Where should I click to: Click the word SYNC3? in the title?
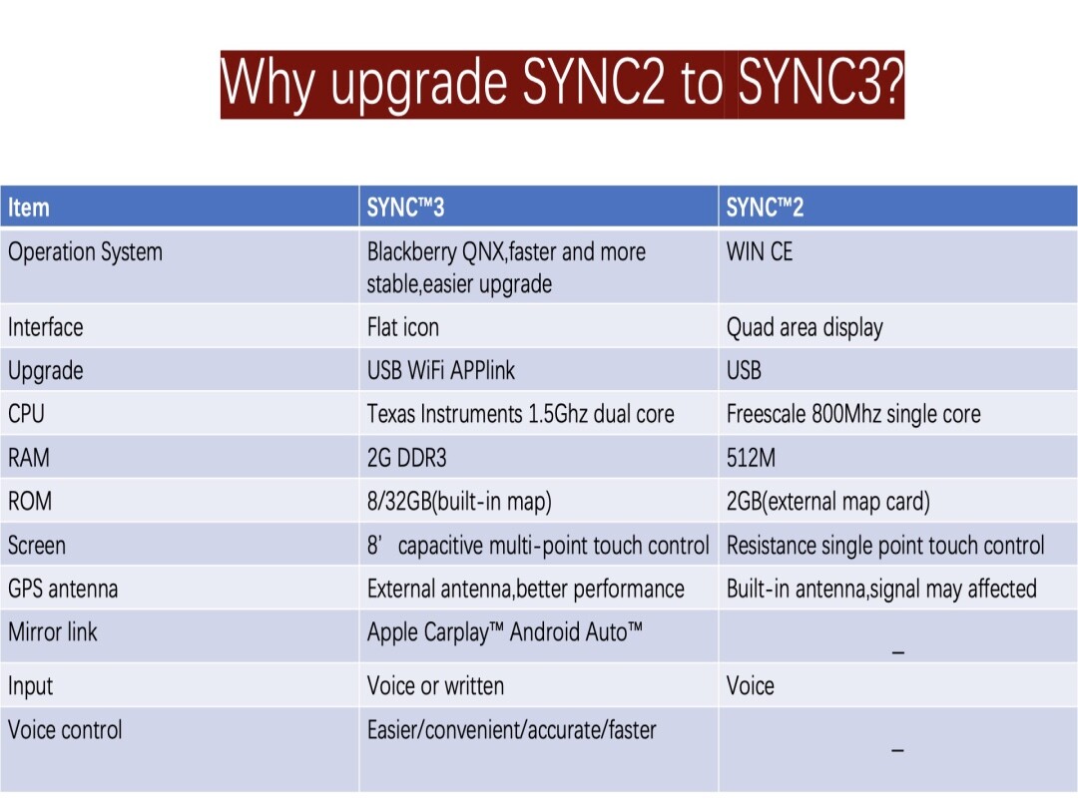(820, 84)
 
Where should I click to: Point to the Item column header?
(29, 207)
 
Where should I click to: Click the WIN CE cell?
(760, 252)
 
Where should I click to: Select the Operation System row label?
(85, 252)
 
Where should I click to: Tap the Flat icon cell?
(403, 327)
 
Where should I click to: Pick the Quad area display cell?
(805, 327)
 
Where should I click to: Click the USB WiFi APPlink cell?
(441, 371)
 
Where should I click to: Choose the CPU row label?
(26, 414)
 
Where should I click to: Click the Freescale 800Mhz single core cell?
(853, 414)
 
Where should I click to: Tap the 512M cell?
(751, 458)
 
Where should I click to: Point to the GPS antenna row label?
(63, 589)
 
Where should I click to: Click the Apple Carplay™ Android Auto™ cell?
(505, 632)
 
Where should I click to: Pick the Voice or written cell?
(435, 686)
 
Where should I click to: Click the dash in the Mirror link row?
(897, 652)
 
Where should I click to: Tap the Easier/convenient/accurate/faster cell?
(512, 730)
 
